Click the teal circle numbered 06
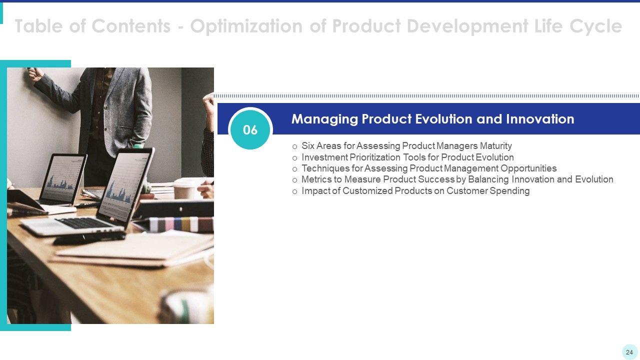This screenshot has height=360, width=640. tap(250, 129)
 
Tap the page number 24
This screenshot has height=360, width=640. tap(629, 352)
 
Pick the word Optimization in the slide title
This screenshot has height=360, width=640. tap(246, 26)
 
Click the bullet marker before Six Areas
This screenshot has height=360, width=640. tap(295, 147)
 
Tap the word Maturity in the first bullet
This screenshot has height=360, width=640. tap(495, 145)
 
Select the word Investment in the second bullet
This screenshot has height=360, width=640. tap(324, 157)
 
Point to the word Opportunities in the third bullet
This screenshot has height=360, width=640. tap(528, 168)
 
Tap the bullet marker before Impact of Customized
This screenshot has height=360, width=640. tap(295, 191)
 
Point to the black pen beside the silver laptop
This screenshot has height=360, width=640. tap(89, 238)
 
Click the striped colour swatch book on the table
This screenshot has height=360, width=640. tap(180, 224)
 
